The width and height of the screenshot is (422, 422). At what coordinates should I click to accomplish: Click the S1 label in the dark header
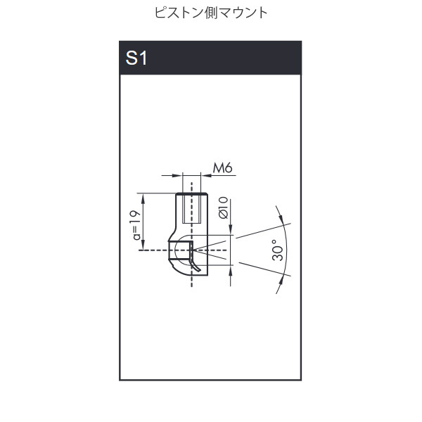click(x=136, y=58)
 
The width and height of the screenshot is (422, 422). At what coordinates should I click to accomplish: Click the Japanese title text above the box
click(x=210, y=13)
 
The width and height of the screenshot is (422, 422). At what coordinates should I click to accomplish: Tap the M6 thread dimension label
click(x=222, y=168)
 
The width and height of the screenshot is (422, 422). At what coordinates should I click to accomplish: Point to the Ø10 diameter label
click(x=223, y=209)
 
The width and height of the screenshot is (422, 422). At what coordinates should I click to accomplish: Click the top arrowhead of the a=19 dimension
click(x=143, y=196)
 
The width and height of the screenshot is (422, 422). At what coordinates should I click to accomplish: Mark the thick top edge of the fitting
click(x=190, y=193)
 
